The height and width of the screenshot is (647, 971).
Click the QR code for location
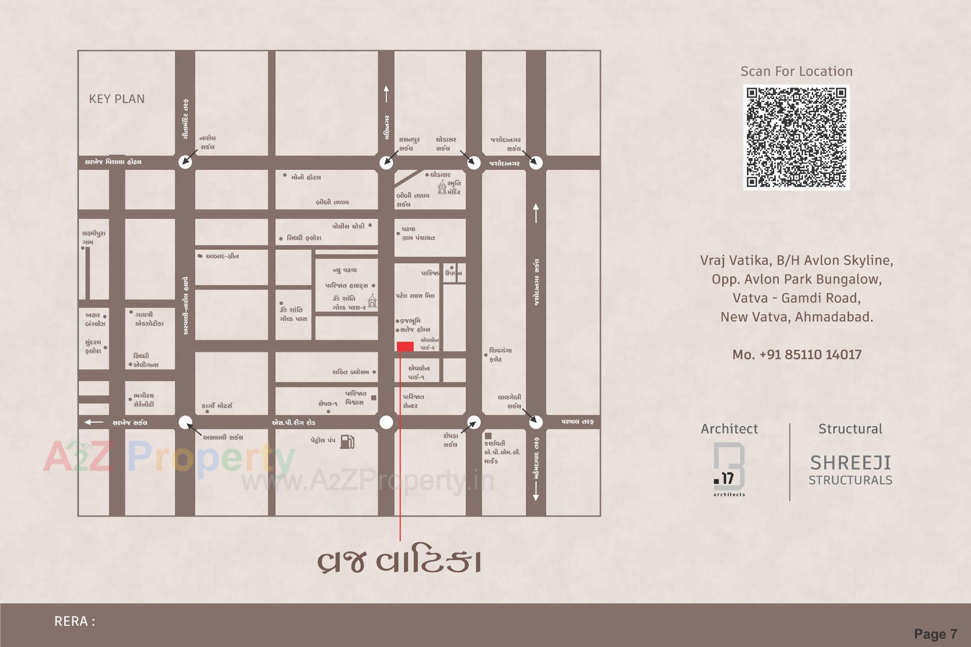(797, 137)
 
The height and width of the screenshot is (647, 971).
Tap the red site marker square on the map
(405, 346)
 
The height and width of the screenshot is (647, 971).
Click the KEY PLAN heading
(117, 99)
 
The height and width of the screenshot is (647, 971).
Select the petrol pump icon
(347, 441)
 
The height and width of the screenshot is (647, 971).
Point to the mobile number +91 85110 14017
(797, 354)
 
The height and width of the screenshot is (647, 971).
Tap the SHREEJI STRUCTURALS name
(850, 470)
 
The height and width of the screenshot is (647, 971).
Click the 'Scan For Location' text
(797, 71)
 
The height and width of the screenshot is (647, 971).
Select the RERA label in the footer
(74, 621)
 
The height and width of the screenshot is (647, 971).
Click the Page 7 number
(935, 634)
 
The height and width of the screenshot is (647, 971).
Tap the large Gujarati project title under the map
(399, 562)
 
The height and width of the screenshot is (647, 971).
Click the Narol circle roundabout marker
(185, 162)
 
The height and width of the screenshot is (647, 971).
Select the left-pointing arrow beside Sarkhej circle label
(94, 422)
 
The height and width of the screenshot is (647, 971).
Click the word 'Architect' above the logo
(729, 429)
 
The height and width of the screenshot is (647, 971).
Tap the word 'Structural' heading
(850, 429)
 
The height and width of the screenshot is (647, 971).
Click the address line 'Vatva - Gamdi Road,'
(797, 298)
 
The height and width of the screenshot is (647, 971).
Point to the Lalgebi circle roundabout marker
(536, 422)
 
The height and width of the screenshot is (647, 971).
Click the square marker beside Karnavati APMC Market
(488, 436)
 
